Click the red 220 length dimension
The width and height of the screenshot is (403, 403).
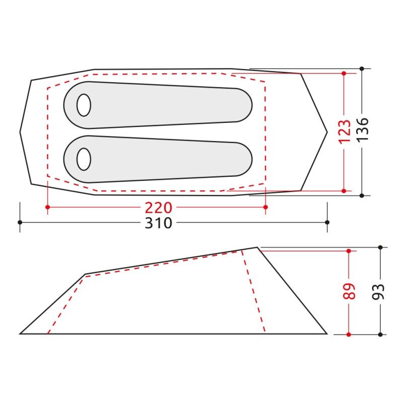point(158,208)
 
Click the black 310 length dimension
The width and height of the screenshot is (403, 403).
point(158,223)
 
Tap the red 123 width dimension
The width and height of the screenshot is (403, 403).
point(345,131)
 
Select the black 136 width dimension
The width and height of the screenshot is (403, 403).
point(362,129)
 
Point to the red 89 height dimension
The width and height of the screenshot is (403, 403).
point(349,291)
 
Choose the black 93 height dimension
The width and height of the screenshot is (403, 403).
point(378,292)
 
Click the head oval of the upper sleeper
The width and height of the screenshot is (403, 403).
point(84,105)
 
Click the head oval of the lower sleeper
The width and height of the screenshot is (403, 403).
point(84,159)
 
